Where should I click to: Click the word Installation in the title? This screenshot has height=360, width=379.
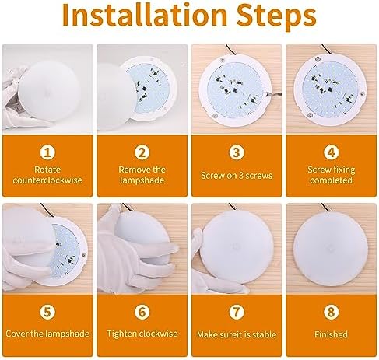click(x=145, y=15)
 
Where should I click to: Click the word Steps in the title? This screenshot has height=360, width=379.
click(x=276, y=17)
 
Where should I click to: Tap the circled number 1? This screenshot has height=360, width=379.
click(x=47, y=152)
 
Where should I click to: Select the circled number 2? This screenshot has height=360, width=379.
click(x=142, y=152)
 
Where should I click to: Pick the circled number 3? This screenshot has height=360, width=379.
click(x=237, y=152)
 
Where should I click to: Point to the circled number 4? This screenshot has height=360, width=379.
click(x=331, y=152)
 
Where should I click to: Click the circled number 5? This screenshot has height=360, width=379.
click(x=47, y=311)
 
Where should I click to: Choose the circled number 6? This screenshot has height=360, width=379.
click(x=142, y=311)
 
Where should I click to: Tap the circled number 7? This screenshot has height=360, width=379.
click(x=237, y=311)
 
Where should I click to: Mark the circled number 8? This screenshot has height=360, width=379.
click(x=331, y=311)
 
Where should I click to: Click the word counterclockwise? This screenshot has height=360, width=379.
click(x=47, y=180)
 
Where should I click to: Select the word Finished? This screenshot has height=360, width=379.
click(x=331, y=334)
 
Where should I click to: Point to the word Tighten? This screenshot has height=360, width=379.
click(x=121, y=334)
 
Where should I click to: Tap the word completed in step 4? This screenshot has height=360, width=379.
click(x=331, y=180)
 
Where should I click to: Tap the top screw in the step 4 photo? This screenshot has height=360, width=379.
click(x=318, y=60)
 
